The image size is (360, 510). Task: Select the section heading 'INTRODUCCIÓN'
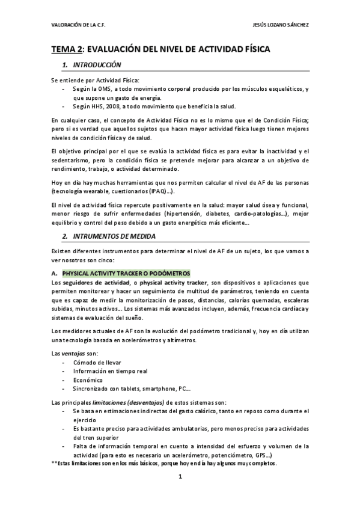[x=97, y=65]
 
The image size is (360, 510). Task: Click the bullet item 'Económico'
[x=87, y=379]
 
